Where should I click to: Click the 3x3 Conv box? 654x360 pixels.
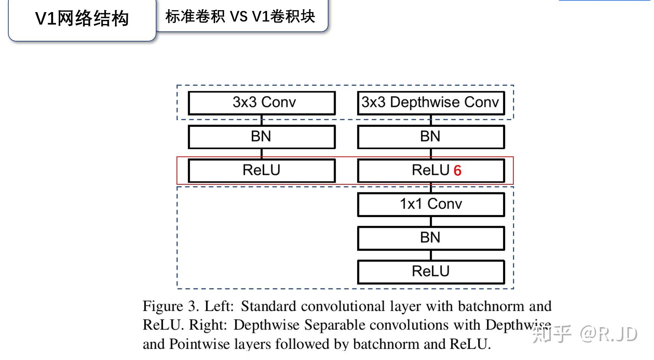[x=262, y=103]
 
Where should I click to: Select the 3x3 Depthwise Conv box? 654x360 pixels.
[x=431, y=103]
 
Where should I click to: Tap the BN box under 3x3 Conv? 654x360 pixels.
[x=262, y=137]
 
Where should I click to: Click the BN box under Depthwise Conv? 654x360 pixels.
[x=431, y=137]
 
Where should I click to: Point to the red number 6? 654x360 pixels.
[x=457, y=171]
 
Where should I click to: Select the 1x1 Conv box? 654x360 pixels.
[x=431, y=204]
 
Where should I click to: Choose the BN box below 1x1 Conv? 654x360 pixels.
[x=431, y=238]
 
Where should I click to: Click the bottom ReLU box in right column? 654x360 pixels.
[x=431, y=272]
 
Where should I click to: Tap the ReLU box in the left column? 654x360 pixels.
[x=262, y=170]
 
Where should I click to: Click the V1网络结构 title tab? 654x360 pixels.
[x=82, y=19]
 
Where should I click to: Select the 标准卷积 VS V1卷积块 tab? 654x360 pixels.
[x=240, y=17]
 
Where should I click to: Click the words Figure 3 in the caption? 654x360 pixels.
[x=170, y=306]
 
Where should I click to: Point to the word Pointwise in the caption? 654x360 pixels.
[x=200, y=344]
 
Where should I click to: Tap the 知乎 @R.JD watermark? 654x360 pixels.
[x=585, y=334]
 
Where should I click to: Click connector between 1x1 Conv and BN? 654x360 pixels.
[x=431, y=221]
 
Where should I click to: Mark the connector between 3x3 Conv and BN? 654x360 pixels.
[x=262, y=120]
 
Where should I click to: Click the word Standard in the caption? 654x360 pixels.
[x=268, y=306]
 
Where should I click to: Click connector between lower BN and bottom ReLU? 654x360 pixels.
[x=431, y=255]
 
